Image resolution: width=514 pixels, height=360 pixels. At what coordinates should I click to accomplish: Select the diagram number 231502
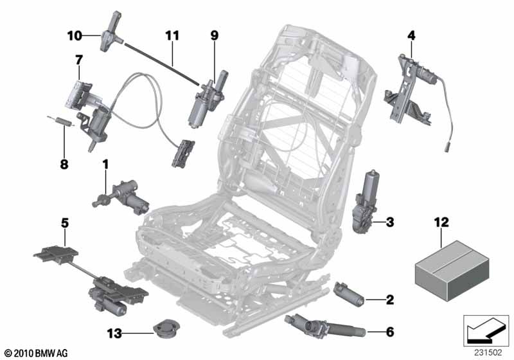486,352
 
